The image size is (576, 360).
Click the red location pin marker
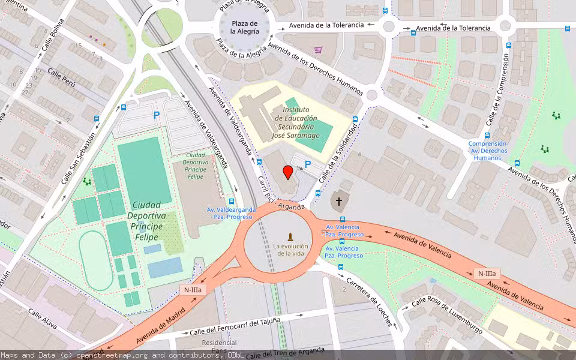288,173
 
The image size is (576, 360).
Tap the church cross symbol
338,202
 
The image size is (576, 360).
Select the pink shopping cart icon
318,50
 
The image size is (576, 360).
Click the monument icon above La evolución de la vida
290,236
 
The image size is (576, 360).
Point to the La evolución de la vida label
290,250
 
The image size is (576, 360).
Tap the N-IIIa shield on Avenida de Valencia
487,274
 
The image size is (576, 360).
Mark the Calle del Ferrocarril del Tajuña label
235,326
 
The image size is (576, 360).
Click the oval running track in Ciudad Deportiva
95,261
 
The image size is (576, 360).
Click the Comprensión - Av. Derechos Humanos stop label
487,151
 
